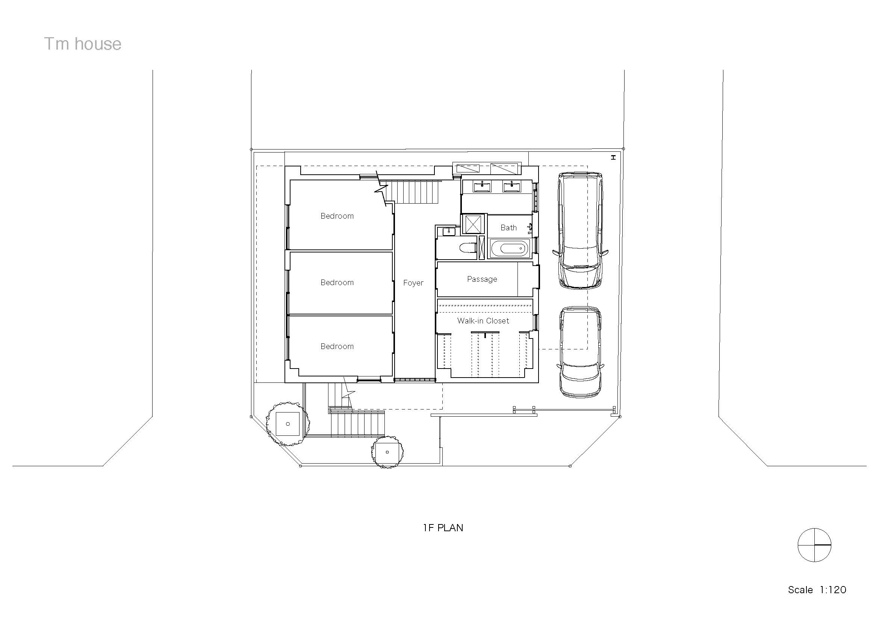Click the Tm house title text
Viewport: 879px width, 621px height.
tap(83, 44)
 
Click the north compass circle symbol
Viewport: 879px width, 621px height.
tap(814, 545)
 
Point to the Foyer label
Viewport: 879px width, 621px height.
tap(413, 283)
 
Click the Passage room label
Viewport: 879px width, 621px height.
tap(482, 279)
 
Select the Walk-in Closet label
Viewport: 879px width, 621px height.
tap(483, 320)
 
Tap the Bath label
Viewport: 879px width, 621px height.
tap(508, 228)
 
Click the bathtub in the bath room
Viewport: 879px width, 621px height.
tap(510, 249)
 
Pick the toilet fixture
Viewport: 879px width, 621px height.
tap(467, 248)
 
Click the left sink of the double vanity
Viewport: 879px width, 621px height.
tap(482, 187)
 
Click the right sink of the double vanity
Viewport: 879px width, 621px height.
tap(511, 187)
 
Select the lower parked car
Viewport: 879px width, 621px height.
tap(580, 352)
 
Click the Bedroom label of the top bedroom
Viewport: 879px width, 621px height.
tap(337, 216)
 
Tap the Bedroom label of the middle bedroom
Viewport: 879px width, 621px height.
tap(337, 283)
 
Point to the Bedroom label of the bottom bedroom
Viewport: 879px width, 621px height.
tap(337, 346)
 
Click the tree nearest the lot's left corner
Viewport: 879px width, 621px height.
tap(287, 423)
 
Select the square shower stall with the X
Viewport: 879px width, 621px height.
tap(473, 224)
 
